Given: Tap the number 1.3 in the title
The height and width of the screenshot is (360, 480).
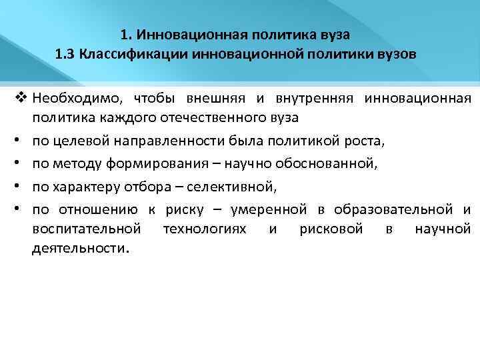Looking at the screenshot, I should (67, 54).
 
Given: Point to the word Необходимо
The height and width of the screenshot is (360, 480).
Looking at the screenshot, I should (73, 99).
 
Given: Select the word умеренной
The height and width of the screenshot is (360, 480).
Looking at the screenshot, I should (269, 210).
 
